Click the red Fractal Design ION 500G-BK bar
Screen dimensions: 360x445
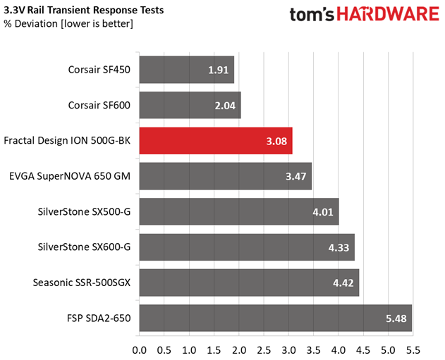[215, 141]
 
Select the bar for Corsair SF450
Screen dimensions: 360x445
[186, 70]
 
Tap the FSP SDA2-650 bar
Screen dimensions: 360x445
[275, 318]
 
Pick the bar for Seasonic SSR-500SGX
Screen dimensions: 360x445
[249, 283]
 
